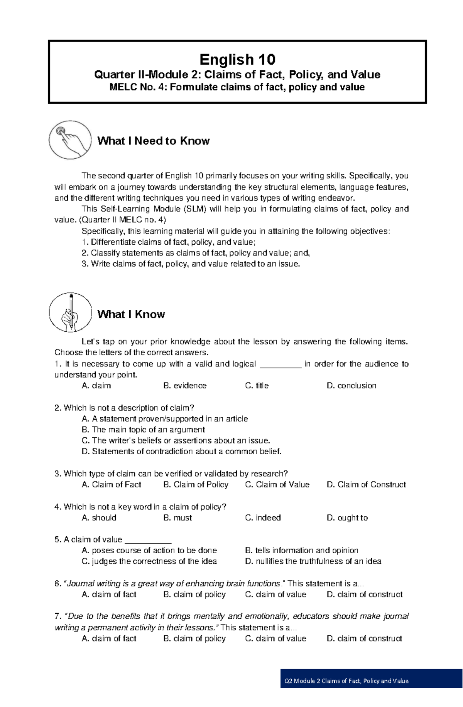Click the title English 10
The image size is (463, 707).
point(237,60)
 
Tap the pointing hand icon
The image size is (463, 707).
point(70,140)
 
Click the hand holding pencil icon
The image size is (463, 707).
point(70,312)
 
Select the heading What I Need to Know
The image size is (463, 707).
point(153,141)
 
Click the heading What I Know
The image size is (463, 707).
point(131,314)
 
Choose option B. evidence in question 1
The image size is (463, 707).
point(185,386)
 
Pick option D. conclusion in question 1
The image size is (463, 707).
point(351,386)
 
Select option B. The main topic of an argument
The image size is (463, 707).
point(143,430)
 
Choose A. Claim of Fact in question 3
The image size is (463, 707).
point(112,485)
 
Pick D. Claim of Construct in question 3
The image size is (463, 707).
point(366,485)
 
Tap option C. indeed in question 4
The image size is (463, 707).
point(263,518)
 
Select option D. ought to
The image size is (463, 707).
point(347,518)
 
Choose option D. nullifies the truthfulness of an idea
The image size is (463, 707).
point(313,561)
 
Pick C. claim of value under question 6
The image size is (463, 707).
point(275,594)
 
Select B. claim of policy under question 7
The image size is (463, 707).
point(194,638)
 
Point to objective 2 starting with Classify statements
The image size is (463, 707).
point(196,253)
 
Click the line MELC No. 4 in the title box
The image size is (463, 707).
point(237,87)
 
